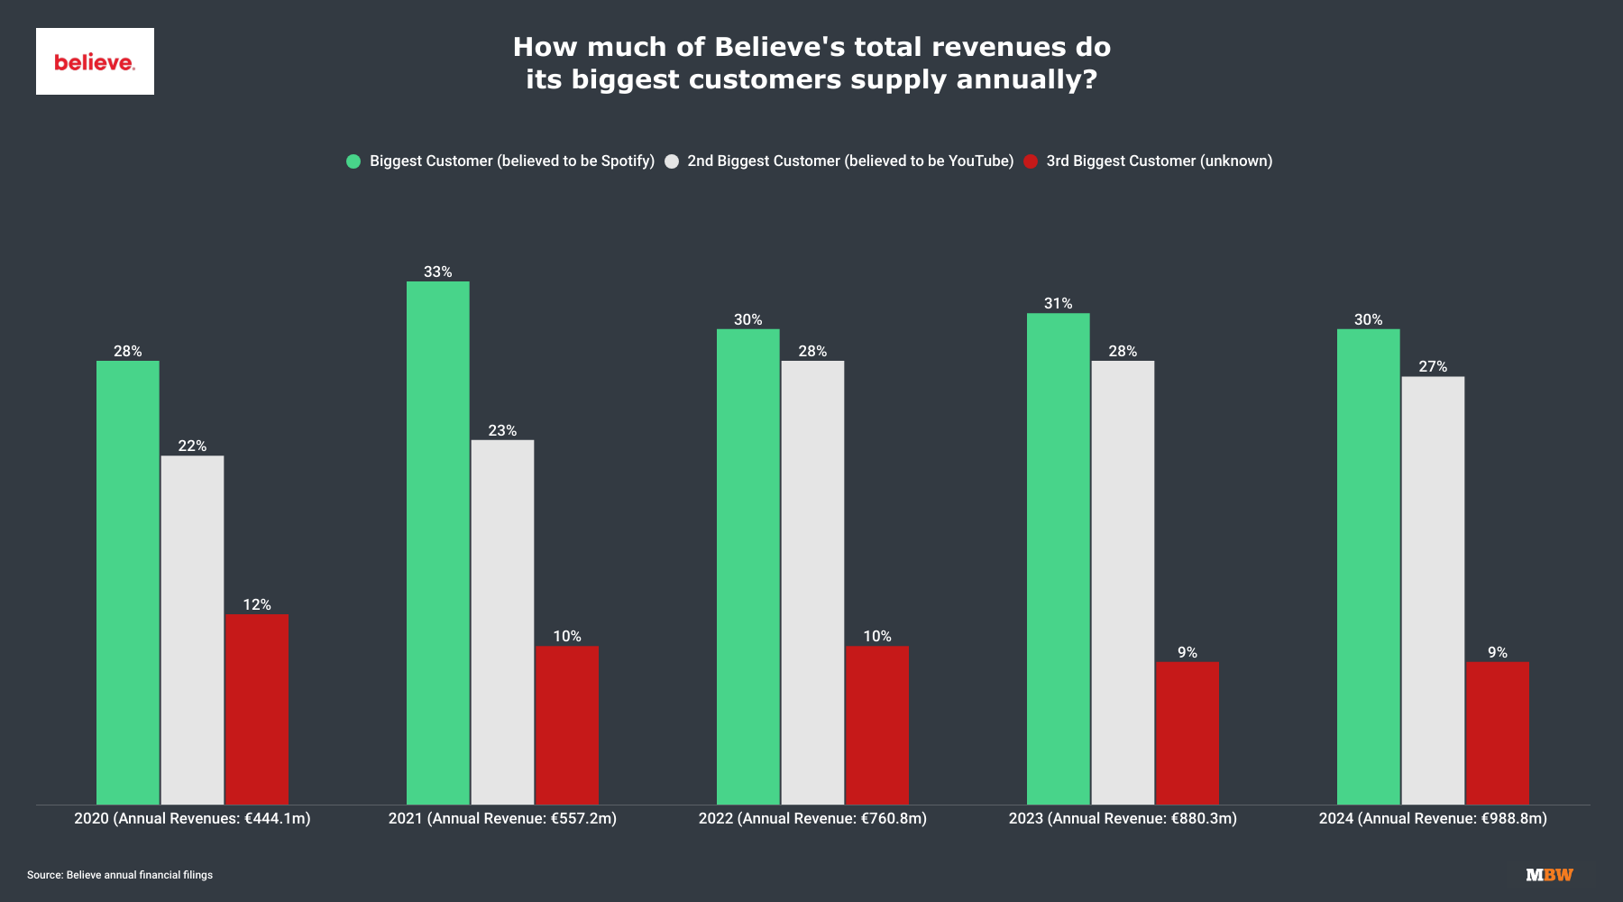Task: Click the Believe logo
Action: point(95,61)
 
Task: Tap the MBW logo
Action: point(1549,875)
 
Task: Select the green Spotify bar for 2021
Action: point(438,541)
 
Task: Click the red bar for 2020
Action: point(257,709)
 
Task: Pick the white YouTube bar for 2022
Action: point(812,582)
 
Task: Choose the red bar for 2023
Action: point(1187,732)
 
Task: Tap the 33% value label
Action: point(438,272)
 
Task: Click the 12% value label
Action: point(257,604)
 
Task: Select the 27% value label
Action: point(1433,366)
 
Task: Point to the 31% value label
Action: point(1058,303)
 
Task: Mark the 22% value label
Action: point(192,446)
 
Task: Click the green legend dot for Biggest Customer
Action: point(353,161)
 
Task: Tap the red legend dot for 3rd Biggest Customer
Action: point(1031,161)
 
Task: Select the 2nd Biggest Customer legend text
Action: point(850,161)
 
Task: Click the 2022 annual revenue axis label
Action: point(812,818)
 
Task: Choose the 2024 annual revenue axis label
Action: point(1433,818)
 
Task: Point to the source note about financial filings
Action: point(120,875)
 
